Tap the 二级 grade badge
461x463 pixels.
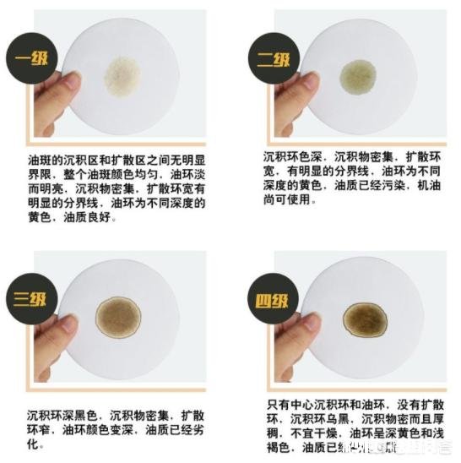click(273, 62)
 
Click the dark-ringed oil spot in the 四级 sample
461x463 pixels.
click(365, 319)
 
